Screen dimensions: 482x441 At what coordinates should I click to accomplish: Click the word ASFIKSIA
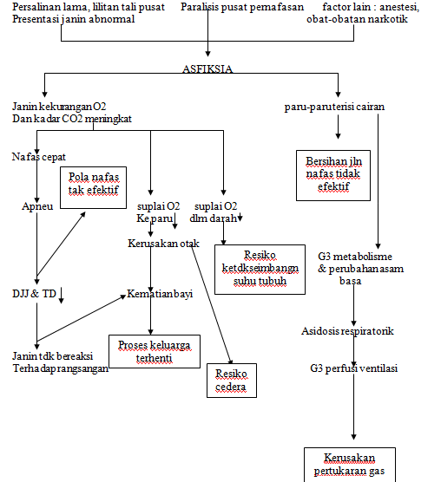[x=208, y=68]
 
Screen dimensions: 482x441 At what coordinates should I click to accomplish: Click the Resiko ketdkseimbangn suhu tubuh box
[x=260, y=269]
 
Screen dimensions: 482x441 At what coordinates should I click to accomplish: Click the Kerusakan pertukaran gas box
[x=348, y=465]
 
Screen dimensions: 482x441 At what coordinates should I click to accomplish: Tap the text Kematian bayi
[x=160, y=294]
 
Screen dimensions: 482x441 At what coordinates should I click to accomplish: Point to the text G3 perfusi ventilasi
[x=353, y=368]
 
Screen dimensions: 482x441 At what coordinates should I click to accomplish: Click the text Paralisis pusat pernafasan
[x=242, y=7]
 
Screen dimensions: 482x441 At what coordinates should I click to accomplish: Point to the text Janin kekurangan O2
[x=59, y=106]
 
